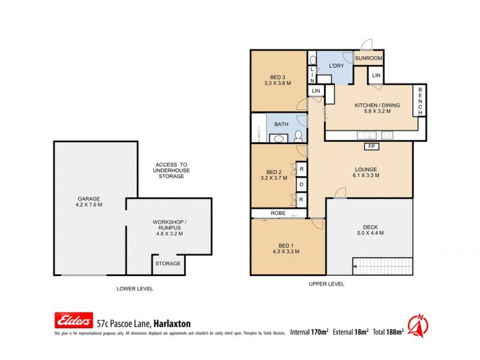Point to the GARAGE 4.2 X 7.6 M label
tap(88, 202)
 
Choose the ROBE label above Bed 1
tap(277, 212)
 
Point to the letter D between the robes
tap(301, 184)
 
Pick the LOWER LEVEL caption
tap(134, 289)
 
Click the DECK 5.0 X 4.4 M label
tap(370, 230)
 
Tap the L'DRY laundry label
tap(335, 65)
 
